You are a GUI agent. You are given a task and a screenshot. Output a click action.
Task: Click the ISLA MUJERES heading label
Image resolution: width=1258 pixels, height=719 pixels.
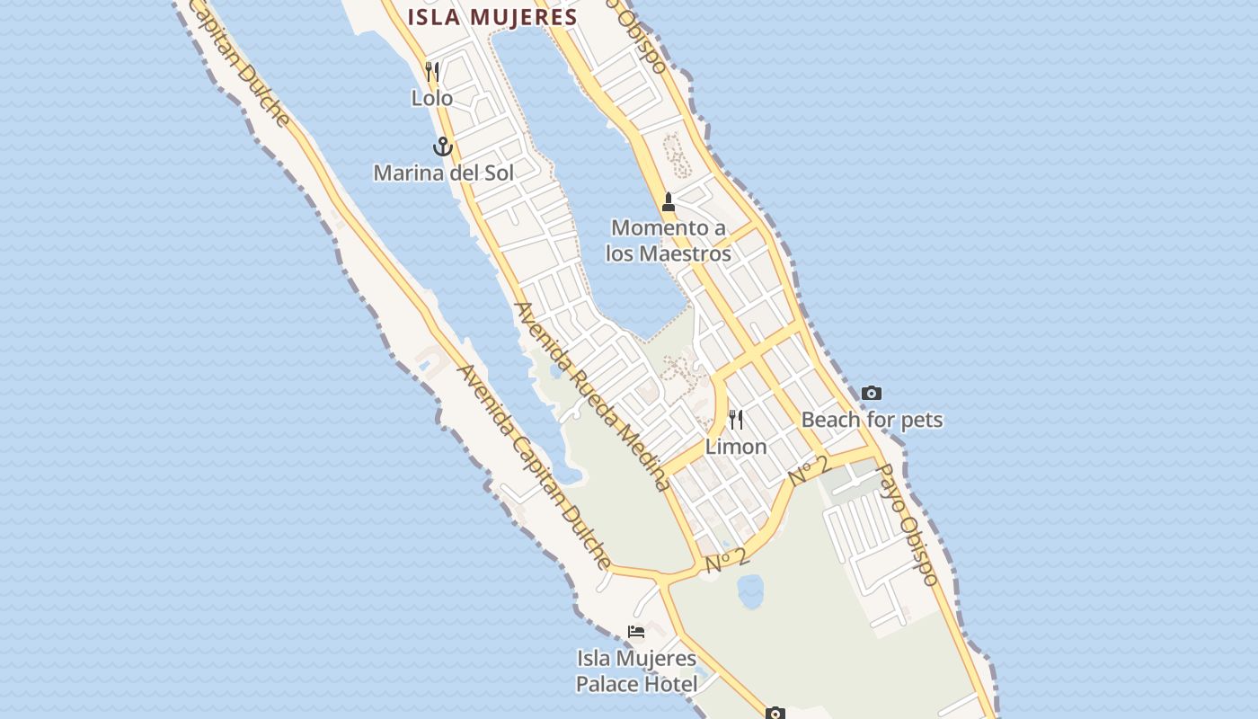492,17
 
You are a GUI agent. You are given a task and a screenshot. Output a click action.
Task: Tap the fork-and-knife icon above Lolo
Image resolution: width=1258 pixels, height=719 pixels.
432,72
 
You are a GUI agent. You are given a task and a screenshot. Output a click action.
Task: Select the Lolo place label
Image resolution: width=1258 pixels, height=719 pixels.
432,98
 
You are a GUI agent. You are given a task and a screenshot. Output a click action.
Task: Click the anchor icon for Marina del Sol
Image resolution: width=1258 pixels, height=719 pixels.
442,146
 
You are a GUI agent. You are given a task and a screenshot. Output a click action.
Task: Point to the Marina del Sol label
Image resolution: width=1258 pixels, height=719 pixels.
443,173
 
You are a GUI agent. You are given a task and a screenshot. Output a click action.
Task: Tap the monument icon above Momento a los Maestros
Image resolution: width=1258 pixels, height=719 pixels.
668,202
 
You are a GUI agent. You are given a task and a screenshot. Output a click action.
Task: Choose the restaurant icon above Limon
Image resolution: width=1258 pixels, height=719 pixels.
736,420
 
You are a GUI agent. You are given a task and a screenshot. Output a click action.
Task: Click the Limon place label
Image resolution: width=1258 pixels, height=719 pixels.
736,446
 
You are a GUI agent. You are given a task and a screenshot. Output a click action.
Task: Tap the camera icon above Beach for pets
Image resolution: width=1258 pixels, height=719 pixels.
871,393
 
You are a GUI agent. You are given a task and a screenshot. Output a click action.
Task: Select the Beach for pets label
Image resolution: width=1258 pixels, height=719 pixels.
872,420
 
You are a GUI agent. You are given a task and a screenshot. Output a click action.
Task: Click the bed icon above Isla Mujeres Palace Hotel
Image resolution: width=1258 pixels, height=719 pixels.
636,632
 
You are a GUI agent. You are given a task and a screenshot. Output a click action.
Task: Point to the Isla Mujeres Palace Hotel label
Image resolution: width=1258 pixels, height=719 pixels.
636,671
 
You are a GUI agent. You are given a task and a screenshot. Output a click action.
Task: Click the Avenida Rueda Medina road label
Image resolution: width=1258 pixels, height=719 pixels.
591,396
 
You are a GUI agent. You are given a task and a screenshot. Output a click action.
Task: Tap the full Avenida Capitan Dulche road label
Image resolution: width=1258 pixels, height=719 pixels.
536,467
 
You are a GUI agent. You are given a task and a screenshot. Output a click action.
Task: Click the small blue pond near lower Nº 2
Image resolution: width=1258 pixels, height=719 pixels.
750,591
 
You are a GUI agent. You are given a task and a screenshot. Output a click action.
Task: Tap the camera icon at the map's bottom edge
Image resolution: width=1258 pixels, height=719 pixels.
775,714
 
